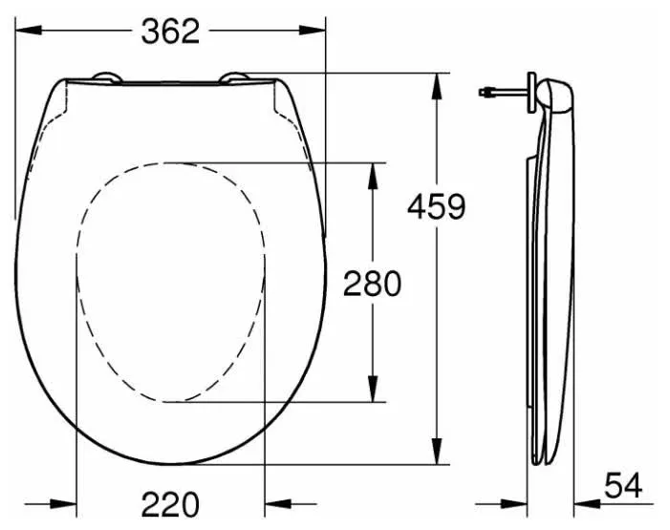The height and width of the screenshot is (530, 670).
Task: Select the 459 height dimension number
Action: click(x=436, y=205)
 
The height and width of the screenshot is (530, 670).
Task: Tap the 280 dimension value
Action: click(x=372, y=283)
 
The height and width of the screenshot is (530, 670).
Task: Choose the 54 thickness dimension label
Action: click(x=623, y=488)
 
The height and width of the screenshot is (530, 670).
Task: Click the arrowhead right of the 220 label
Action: click(x=275, y=503)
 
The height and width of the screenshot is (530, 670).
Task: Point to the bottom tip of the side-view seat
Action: click(x=540, y=459)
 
